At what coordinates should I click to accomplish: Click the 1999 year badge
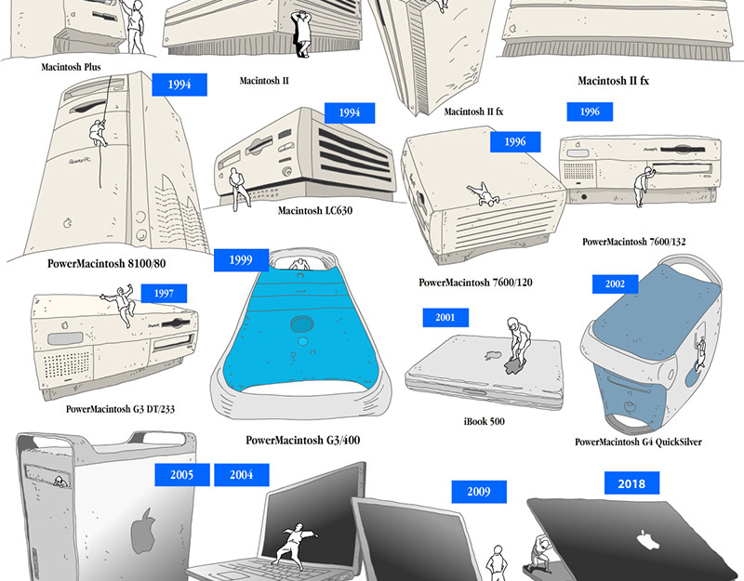241,259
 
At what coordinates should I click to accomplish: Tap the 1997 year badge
164,294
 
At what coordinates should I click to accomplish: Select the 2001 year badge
445,318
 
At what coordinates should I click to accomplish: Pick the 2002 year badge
615,284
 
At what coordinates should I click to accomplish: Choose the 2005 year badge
181,474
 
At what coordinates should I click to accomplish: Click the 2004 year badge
242,474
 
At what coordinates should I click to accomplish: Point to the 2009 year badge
479,492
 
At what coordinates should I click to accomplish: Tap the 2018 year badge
631,482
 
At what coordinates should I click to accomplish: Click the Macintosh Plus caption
71,67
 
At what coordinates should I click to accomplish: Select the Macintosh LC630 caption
315,210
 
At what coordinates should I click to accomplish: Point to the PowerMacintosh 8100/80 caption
106,263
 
